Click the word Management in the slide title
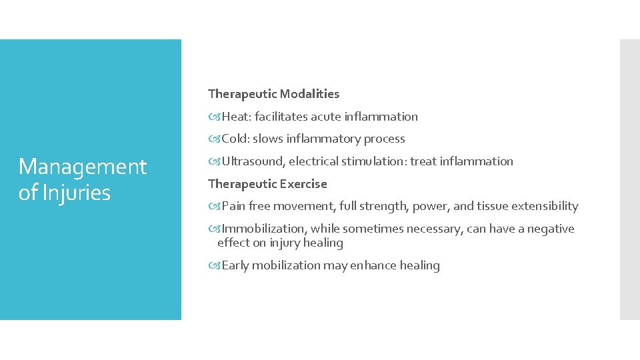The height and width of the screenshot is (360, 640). click(x=83, y=167)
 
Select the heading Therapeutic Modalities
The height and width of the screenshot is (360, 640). click(x=273, y=94)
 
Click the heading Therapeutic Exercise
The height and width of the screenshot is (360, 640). click(x=267, y=184)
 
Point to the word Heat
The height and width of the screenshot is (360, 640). click(x=235, y=117)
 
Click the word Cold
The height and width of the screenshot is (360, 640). click(x=235, y=139)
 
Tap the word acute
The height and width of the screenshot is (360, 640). click(x=326, y=117)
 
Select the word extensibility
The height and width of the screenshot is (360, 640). click(x=545, y=206)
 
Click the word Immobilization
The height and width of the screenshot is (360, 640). click(x=263, y=229)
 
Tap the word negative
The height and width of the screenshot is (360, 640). click(x=551, y=229)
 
